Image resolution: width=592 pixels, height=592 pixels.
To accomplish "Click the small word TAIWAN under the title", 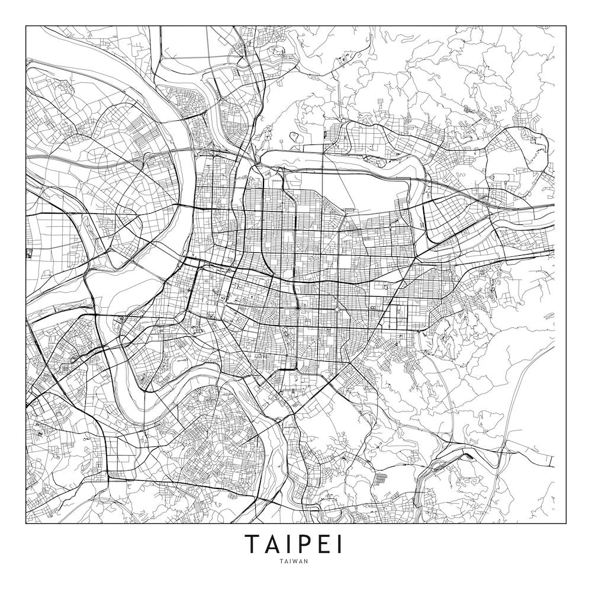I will pos(296,562).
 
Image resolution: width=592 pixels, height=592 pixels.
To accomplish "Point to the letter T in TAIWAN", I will pos(284,562).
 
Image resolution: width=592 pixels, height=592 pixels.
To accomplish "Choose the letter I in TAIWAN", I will pos(293,562).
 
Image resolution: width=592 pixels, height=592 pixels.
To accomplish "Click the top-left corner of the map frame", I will pos(26,26).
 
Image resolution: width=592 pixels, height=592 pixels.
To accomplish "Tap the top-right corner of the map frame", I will pos(565,26).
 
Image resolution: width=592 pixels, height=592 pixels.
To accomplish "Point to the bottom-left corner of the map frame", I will pos(26,524).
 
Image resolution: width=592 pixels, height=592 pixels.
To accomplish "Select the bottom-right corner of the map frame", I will pos(565,524).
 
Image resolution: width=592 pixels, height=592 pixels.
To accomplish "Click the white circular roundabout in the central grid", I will pos(336,308).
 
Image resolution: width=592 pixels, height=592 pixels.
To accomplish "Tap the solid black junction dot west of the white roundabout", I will pos(298,308).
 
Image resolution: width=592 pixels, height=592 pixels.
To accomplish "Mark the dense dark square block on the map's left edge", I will pos(29,253).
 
